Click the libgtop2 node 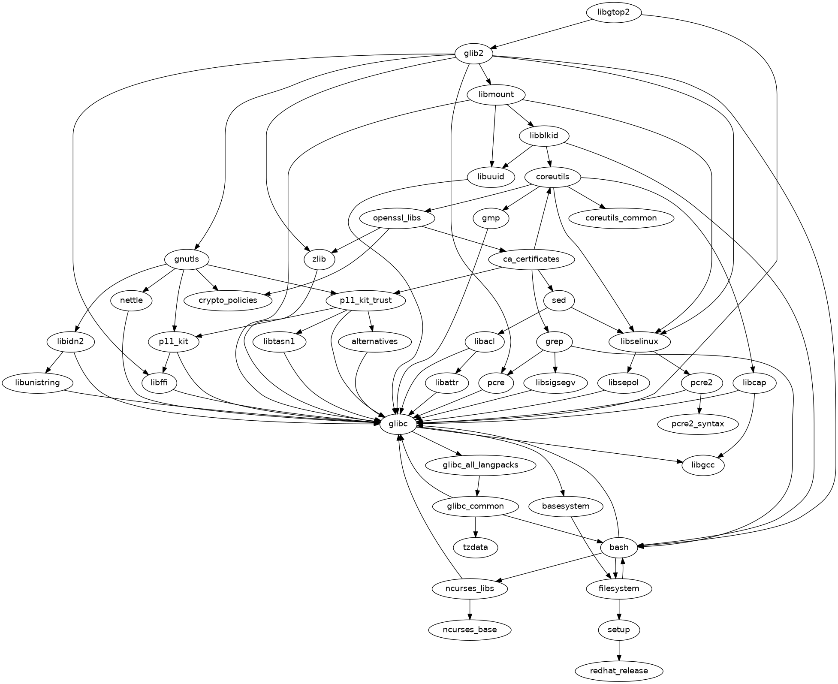[x=613, y=12]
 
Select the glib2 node [x=473, y=54]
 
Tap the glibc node [x=398, y=424]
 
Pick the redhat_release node [x=618, y=671]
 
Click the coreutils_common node [x=621, y=218]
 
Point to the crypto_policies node [x=228, y=301]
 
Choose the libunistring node [x=37, y=383]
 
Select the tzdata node [x=476, y=548]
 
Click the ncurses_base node [x=470, y=630]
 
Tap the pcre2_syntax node [x=698, y=424]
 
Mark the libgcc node [x=703, y=465]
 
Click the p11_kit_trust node [x=365, y=301]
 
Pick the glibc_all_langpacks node [x=480, y=465]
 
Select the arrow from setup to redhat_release [x=618, y=650]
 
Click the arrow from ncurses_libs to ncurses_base [x=470, y=609]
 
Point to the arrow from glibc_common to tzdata [x=476, y=527]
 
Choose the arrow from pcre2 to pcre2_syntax [x=700, y=404]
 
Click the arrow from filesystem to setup [x=618, y=609]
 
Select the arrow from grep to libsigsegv [x=555, y=362]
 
